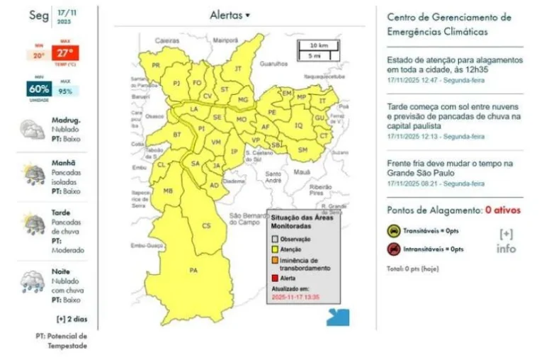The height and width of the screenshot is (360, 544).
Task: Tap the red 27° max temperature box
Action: pyautogui.click(x=64, y=52)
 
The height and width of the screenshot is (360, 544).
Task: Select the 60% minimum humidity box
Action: pyautogui.click(x=38, y=90)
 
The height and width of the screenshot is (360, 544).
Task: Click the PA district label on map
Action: pyautogui.click(x=193, y=270)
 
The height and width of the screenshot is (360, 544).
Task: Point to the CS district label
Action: pyautogui.click(x=207, y=225)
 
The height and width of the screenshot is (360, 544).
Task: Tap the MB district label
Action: pyautogui.click(x=169, y=191)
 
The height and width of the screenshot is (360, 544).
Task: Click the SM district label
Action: pyautogui.click(x=302, y=150)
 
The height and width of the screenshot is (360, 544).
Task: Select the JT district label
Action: pyautogui.click(x=238, y=68)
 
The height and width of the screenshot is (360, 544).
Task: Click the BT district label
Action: pyautogui.click(x=178, y=134)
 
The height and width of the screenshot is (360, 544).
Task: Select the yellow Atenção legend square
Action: pyautogui.click(x=273, y=250)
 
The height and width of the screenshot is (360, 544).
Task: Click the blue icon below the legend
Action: pyautogui.click(x=337, y=316)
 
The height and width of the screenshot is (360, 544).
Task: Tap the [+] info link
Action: pyautogui.click(x=506, y=240)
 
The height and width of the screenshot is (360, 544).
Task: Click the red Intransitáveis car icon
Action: pyautogui.click(x=392, y=249)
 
